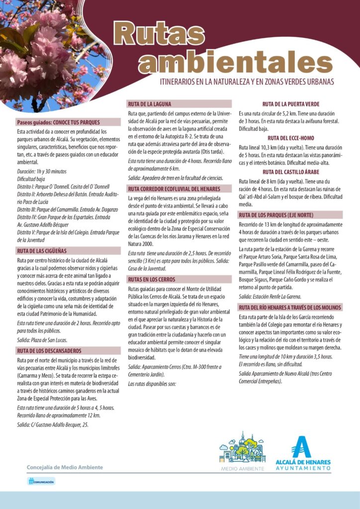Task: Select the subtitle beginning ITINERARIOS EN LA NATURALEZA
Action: click(247, 81)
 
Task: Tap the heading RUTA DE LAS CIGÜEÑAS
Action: click(41, 251)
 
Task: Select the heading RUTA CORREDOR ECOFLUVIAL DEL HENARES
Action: click(174, 189)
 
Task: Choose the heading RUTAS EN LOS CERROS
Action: click(151, 279)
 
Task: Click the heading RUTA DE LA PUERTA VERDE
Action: click(290, 104)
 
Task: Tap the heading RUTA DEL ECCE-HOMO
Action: click(290, 138)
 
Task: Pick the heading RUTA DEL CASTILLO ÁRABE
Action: click(290, 171)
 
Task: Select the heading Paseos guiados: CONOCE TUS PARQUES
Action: click(58, 122)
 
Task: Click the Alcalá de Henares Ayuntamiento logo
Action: click(302, 453)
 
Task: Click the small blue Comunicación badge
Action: click(41, 481)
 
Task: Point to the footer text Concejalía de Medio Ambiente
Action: click(65, 467)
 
